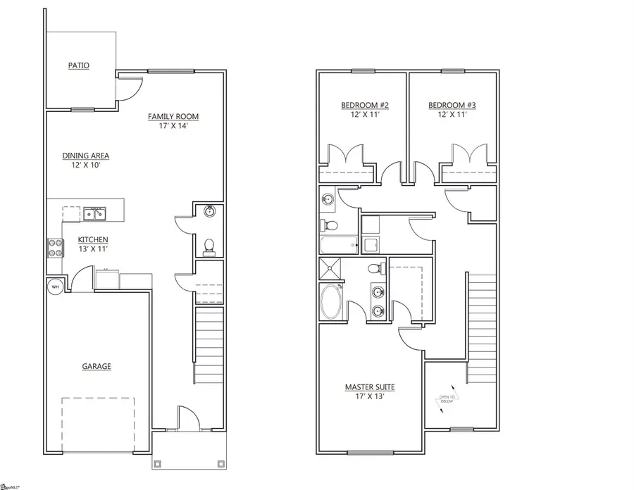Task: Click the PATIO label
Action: click(79, 65)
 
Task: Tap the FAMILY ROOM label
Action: click(173, 117)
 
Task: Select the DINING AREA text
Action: click(86, 156)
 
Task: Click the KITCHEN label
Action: click(93, 239)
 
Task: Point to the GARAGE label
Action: click(97, 366)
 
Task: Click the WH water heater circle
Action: click(54, 287)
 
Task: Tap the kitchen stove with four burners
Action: click(55, 247)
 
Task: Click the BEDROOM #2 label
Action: click(365, 106)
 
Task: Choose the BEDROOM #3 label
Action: click(452, 106)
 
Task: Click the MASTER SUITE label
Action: click(369, 387)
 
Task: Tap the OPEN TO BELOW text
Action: click(447, 401)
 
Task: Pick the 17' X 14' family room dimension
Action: click(173, 127)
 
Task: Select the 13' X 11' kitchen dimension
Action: click(93, 249)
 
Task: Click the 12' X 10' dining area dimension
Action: click(86, 166)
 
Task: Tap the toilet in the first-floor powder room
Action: click(209, 246)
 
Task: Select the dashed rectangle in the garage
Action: click(97, 424)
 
